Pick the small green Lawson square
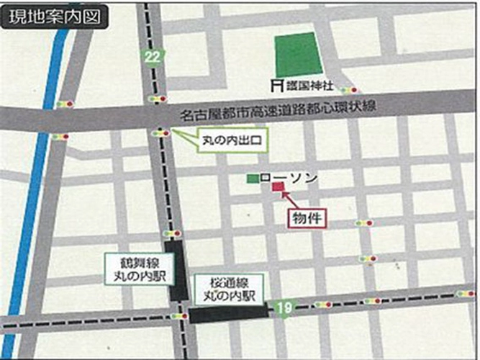click(x=252, y=178)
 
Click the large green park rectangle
click(x=297, y=55)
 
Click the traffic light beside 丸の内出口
click(x=162, y=132)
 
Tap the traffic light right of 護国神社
click(x=349, y=90)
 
